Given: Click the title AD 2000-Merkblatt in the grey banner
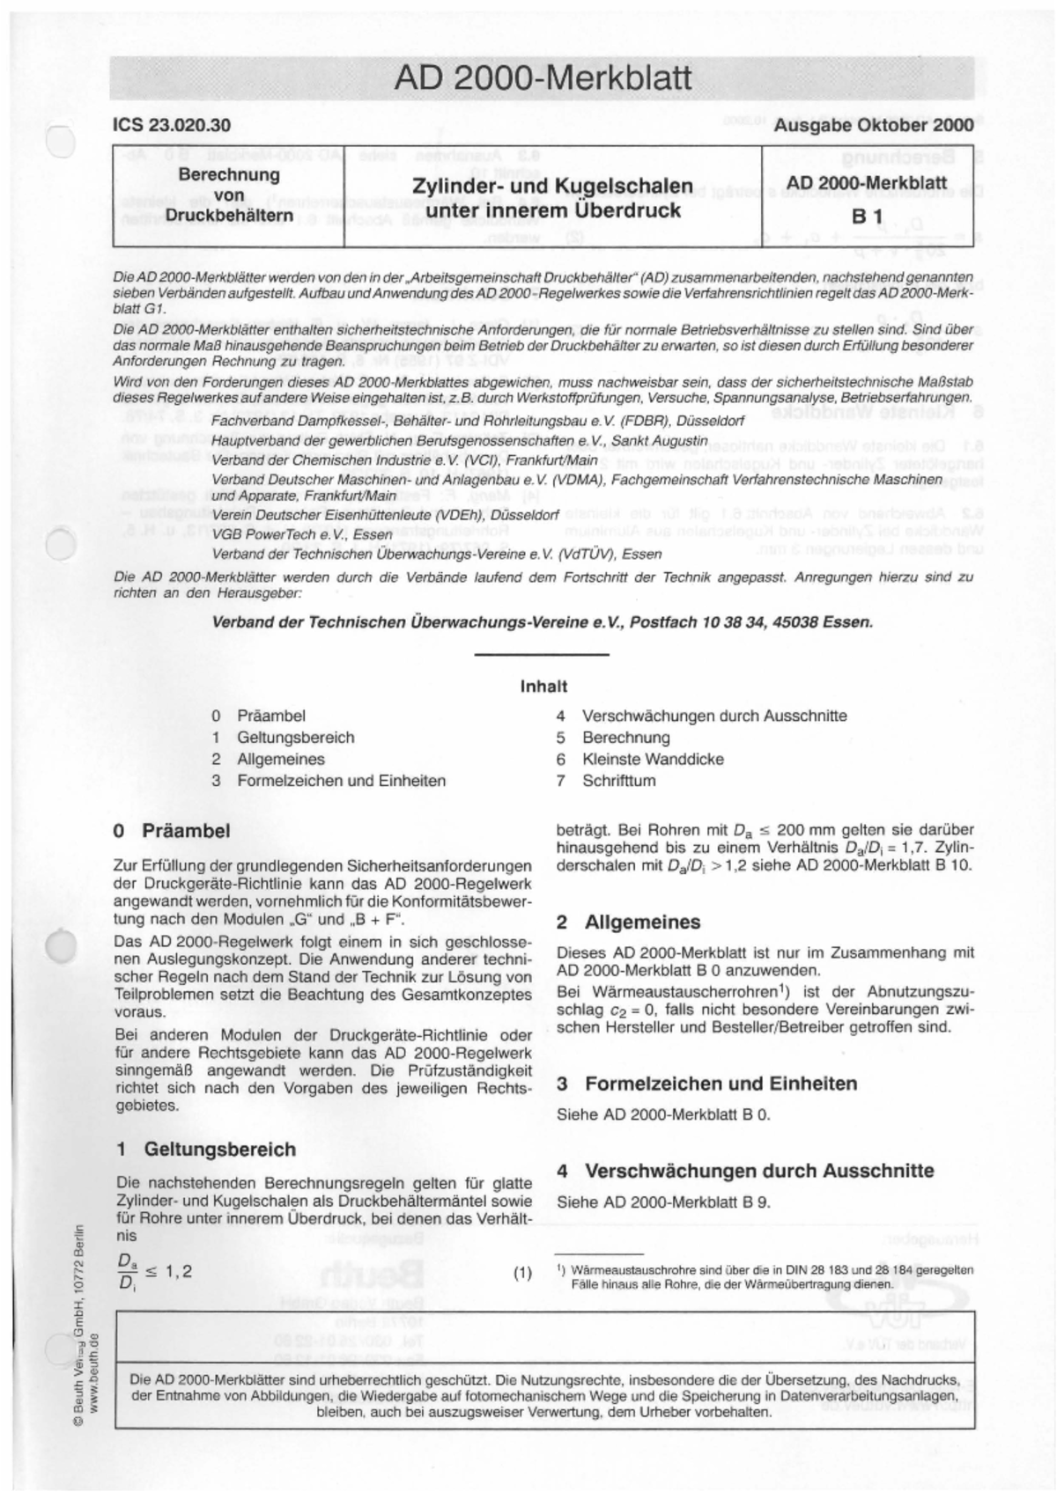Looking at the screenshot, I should pos(543,78).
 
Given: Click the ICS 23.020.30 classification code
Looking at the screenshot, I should pos(172,125).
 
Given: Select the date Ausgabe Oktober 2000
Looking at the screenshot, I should pos(873,125).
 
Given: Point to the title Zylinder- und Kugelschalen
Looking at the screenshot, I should pos(552,186).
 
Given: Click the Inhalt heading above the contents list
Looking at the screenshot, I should pos(543,686).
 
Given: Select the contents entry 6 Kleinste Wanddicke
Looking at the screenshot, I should pos(652,759).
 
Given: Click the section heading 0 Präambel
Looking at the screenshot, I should pos(173,831).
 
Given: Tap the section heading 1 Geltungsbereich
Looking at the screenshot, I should pos(205,1149).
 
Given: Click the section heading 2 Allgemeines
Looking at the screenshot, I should pos(629,922).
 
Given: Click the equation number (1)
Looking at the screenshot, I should pos(522,1273).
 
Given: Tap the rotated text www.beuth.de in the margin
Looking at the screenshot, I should pos(94,1373).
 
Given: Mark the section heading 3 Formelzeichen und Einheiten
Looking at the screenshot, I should pos(706,1084).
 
